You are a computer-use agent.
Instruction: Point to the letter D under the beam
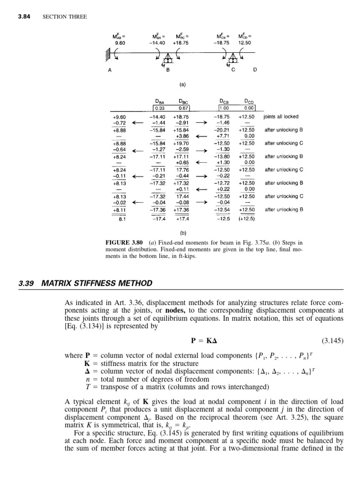point(255,70)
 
